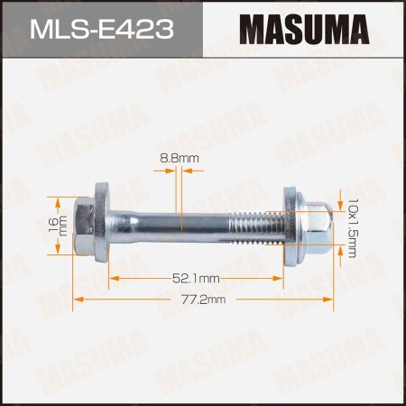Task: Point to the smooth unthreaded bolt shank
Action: pos(171,217)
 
